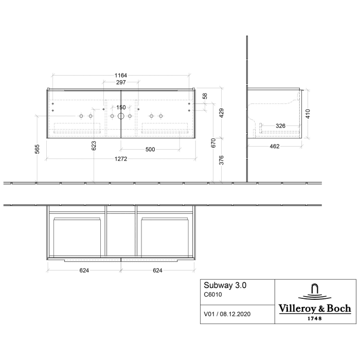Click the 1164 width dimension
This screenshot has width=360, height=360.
(121, 76)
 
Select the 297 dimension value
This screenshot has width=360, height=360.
(121, 82)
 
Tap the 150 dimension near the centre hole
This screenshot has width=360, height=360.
(121, 107)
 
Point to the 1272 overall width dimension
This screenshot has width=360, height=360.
(121, 159)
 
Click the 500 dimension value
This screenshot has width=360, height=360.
(150, 149)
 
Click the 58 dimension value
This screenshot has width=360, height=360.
(205, 96)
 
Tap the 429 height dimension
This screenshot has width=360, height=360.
(222, 113)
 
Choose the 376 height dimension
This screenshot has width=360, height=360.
(222, 160)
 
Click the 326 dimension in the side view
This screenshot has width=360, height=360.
(281, 125)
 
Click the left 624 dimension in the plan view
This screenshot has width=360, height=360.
(85, 271)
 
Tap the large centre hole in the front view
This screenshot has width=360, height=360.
(121, 117)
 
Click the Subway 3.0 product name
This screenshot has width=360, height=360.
(223, 286)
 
